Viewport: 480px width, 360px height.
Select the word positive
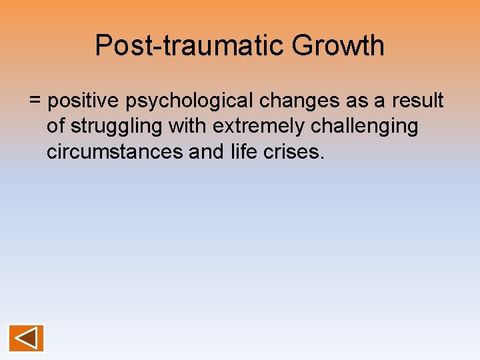83,101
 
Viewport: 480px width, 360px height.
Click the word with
192,126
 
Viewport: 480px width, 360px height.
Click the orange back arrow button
27,338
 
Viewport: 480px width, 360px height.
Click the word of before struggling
56,126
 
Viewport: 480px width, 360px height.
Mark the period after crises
322,157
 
